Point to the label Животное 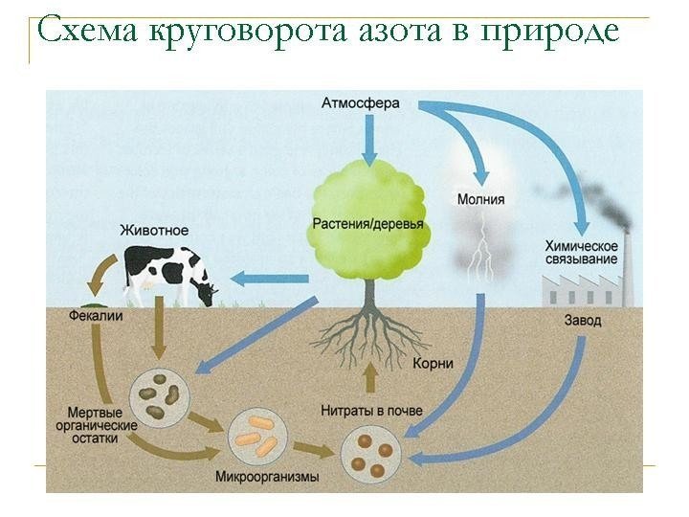(154, 230)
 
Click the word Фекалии (94, 315)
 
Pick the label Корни (433, 364)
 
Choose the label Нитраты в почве (370, 411)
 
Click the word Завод (583, 321)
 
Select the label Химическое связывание (577, 253)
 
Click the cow (168, 273)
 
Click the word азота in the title (357, 32)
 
